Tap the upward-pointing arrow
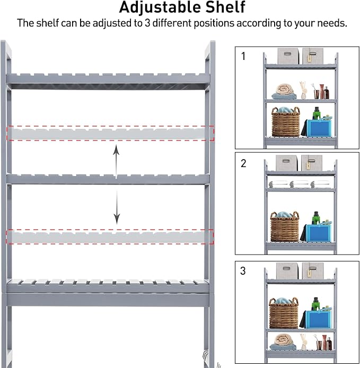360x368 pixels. (117, 159)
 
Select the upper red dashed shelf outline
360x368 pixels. (110, 133)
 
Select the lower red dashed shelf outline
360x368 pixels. (110, 236)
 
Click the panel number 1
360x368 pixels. (243, 56)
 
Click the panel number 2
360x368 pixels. (243, 163)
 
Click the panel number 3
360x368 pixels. (243, 270)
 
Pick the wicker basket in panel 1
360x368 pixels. (285, 122)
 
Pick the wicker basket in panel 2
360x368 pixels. (285, 227)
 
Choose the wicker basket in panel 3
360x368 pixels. (284, 313)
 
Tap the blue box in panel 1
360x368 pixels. (320, 128)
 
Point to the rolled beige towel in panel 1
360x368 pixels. (286, 91)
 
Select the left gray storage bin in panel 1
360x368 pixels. (288, 56)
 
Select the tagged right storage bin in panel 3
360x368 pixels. (313, 270)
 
